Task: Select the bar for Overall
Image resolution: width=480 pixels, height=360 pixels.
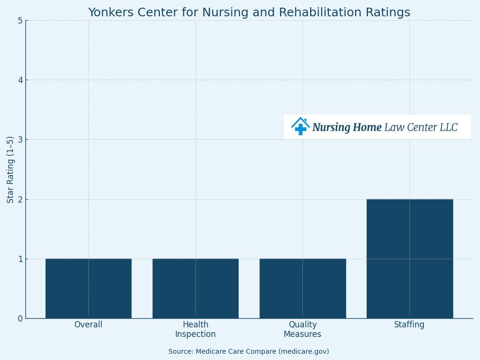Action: pos(88,288)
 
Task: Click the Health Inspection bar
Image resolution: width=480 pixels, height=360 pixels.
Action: pos(195,288)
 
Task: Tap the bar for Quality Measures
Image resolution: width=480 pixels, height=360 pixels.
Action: pos(302,288)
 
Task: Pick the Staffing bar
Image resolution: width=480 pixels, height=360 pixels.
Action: pos(409,259)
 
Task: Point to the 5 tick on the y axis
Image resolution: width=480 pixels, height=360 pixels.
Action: pos(20,21)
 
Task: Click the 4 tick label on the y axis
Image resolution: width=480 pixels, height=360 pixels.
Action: pos(20,80)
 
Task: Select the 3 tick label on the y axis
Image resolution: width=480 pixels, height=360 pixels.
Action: pos(20,140)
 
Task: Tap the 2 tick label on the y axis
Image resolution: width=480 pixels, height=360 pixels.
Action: pos(20,199)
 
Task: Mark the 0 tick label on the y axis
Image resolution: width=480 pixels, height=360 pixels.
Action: pos(20,319)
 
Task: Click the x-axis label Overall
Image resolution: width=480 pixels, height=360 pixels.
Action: pos(88,325)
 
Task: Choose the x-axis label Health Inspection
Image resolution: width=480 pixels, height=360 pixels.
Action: pos(195,330)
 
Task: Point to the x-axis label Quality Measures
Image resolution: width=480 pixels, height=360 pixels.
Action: pos(302,330)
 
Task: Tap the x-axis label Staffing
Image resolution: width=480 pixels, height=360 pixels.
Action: pos(409,325)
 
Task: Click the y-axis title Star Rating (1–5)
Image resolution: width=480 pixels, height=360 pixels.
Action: pos(11,169)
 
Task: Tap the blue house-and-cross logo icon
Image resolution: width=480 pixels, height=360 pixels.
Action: pos(300,126)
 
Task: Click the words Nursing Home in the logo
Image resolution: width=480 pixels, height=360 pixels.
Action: pos(347,128)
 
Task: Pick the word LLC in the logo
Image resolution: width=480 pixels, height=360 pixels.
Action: pos(447,128)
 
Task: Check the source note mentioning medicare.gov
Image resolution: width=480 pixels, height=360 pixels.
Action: pos(249,352)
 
